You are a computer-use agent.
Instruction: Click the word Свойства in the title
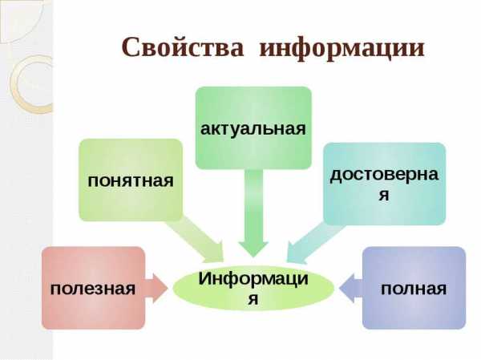pyautogui.click(x=183, y=47)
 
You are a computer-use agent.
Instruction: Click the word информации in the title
pyautogui.click(x=342, y=49)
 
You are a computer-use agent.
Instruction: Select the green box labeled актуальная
pyautogui.click(x=253, y=127)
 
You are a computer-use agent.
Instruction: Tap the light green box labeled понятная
pyautogui.click(x=131, y=180)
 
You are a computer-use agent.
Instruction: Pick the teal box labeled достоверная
pyautogui.click(x=384, y=184)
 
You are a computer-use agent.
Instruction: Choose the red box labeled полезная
pyautogui.click(x=93, y=288)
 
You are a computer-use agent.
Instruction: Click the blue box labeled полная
pyautogui.click(x=414, y=288)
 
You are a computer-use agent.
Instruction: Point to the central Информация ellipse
pyautogui.click(x=253, y=288)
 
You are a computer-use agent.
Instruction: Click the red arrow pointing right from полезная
pyautogui.click(x=156, y=288)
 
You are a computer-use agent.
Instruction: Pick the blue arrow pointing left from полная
pyautogui.click(x=351, y=288)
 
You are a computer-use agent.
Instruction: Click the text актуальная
pyautogui.click(x=253, y=129)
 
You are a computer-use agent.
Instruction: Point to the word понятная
pyautogui.click(x=131, y=181)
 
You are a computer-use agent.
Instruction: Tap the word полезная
pyautogui.click(x=93, y=289)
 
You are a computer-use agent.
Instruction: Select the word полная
pyautogui.click(x=414, y=289)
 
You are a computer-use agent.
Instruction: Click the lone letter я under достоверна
pyautogui.click(x=384, y=195)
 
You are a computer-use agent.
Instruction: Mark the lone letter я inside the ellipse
pyautogui.click(x=253, y=299)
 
